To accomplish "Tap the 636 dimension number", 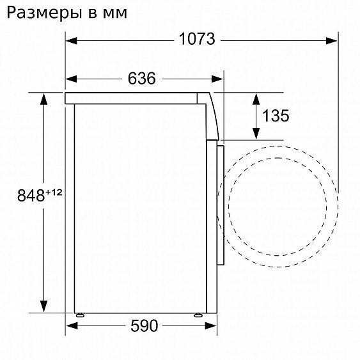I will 141,79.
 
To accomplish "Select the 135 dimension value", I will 276,116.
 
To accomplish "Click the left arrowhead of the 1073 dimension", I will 72,40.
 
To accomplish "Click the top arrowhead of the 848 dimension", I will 44,100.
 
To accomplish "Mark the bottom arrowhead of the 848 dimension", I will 44,305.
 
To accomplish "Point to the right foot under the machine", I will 197,315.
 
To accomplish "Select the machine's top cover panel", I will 137,98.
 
